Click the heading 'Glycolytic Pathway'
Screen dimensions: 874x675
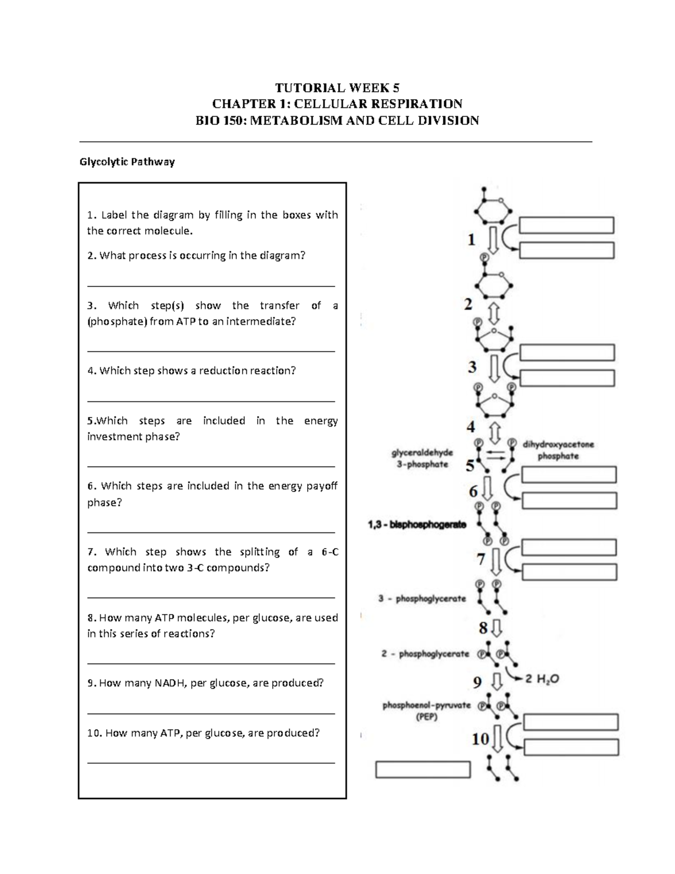point(127,162)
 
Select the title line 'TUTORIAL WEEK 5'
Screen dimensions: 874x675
point(337,88)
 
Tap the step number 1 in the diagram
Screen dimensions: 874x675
point(471,240)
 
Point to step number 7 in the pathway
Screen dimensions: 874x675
point(480,559)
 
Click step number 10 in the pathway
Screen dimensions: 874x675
point(480,738)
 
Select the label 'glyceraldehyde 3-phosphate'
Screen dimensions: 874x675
point(422,458)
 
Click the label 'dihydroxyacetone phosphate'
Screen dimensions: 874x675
point(558,450)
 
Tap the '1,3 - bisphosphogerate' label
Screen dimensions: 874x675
point(417,525)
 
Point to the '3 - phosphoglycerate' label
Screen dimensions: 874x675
point(422,599)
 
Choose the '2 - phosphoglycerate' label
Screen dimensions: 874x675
point(425,654)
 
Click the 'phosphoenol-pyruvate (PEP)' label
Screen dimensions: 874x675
point(426,711)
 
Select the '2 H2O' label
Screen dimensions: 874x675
point(542,679)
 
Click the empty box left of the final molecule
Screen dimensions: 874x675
point(422,769)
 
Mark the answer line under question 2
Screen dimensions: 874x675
point(211,286)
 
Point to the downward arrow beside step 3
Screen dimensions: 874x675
point(494,367)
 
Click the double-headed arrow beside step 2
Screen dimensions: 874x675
point(494,312)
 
